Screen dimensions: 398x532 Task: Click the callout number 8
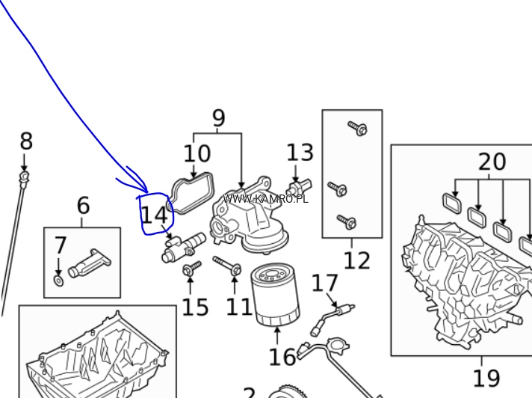pos(26,141)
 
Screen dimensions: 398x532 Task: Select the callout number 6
pos(83,206)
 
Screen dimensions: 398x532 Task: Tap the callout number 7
pos(61,245)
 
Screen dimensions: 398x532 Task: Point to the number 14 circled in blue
pos(155,215)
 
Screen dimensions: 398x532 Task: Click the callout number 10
pos(197,154)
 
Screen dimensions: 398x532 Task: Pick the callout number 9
pos(218,119)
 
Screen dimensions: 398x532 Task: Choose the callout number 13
pos(300,153)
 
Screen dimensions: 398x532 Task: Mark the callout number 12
pos(356,260)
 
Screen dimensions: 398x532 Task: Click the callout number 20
pos(492,162)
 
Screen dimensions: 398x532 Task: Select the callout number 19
pos(486,379)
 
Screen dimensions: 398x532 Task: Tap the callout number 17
pos(325,284)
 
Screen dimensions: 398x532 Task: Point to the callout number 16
pos(282,357)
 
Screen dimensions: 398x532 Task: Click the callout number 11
pos(240,307)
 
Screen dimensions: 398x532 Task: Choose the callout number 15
pos(195,307)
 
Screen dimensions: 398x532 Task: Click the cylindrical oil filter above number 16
pos(276,295)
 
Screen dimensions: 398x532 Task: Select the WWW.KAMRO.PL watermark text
pos(265,199)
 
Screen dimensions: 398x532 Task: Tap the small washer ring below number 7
pos(59,281)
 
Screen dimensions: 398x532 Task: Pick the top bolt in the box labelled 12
pos(357,129)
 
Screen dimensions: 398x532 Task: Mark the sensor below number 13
pos(299,185)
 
